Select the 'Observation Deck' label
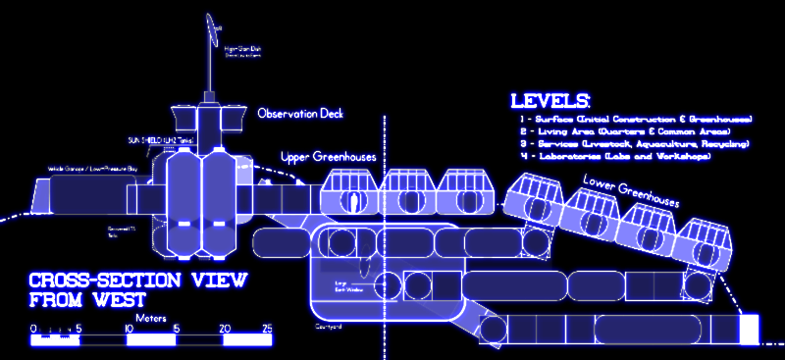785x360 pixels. click(301, 114)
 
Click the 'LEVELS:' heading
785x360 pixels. click(549, 100)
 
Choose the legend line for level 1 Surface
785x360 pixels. click(636, 119)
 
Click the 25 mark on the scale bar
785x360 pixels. click(267, 329)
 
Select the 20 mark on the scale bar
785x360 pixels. click(224, 329)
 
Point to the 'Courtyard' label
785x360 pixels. click(327, 326)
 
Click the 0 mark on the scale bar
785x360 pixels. click(33, 329)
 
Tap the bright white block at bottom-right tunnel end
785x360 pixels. click(751, 329)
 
